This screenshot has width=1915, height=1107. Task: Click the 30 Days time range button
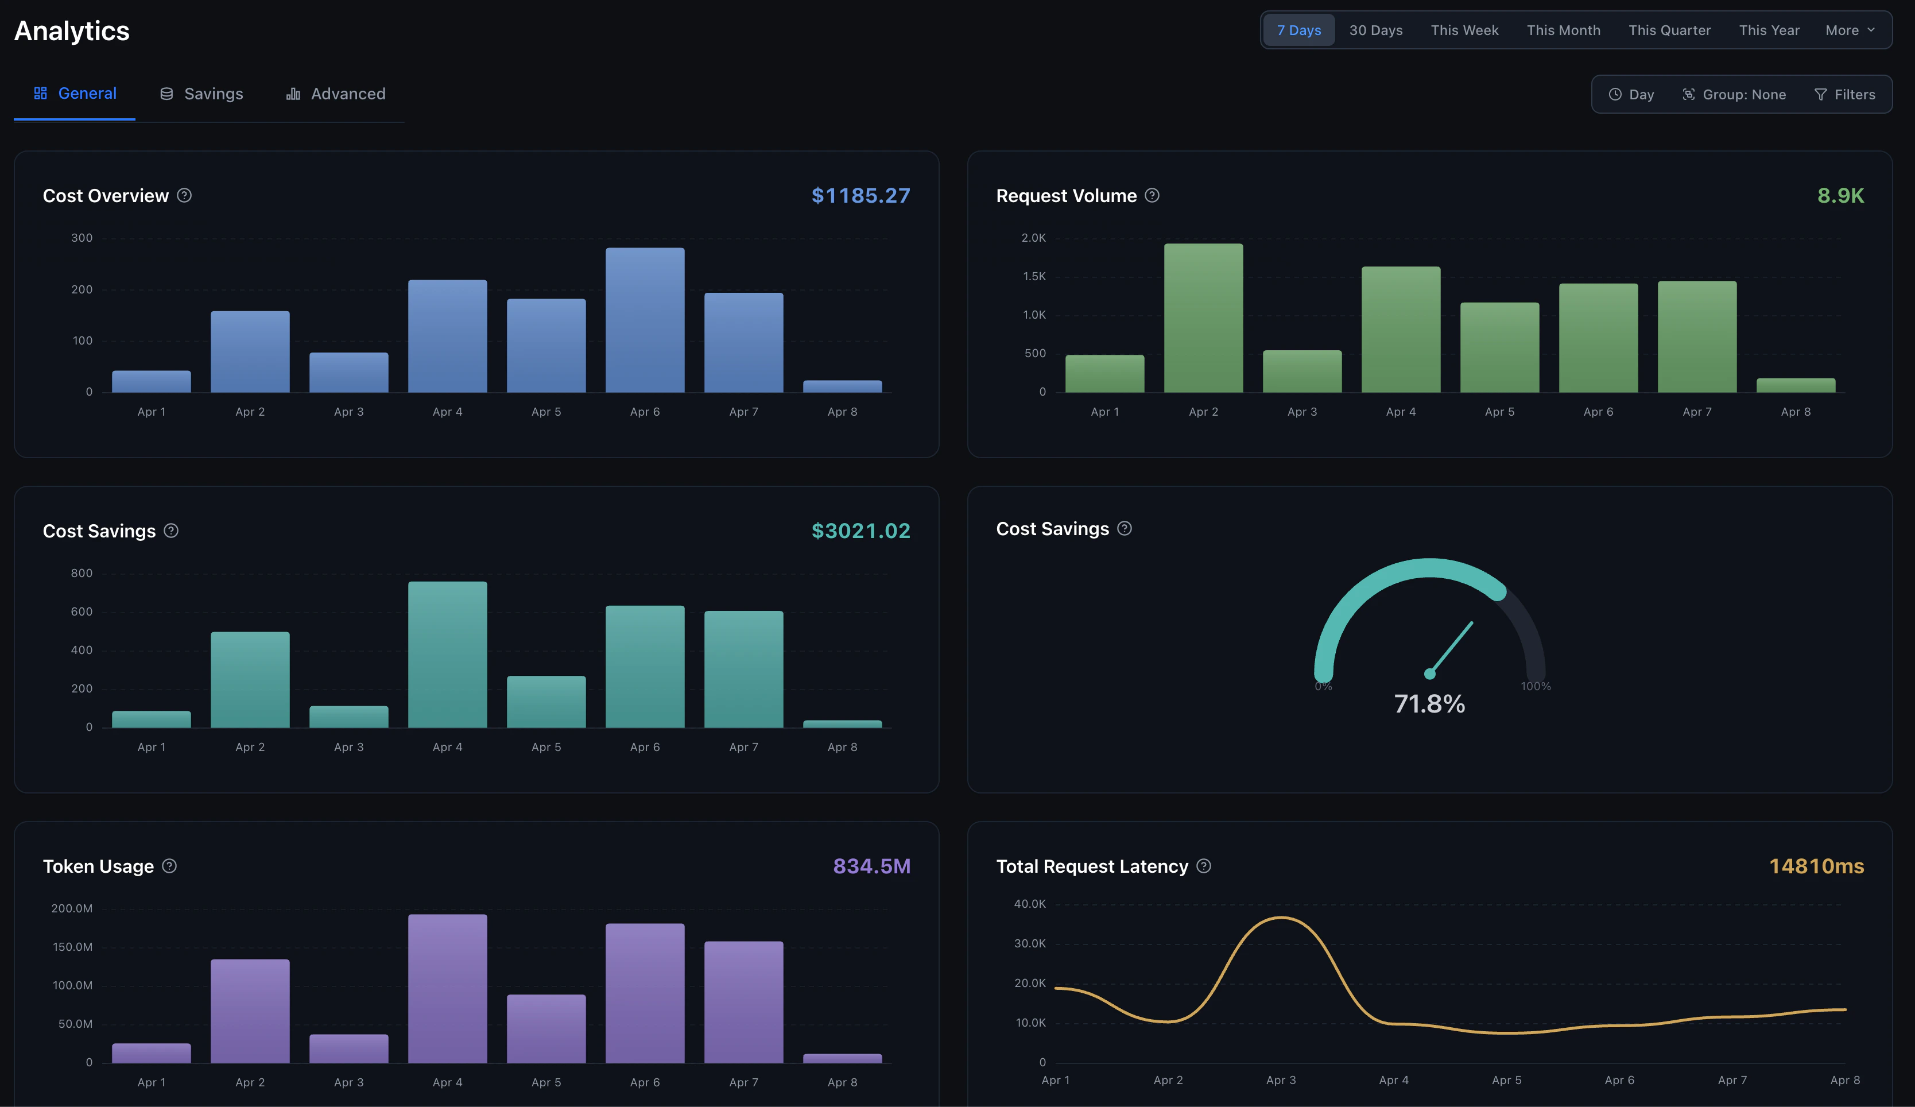[x=1375, y=30]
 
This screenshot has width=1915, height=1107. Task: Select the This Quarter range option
[x=1669, y=30]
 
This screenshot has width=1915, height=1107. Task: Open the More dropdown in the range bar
[x=1850, y=30]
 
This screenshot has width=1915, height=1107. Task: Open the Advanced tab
[x=336, y=94]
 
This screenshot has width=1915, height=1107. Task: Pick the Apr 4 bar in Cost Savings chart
[x=448, y=655]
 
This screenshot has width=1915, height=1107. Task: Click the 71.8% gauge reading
[x=1429, y=703]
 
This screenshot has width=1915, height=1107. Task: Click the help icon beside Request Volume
[x=1152, y=195]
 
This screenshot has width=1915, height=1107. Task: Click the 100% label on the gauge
[x=1535, y=686]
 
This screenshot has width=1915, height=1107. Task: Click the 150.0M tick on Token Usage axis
[x=72, y=947]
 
